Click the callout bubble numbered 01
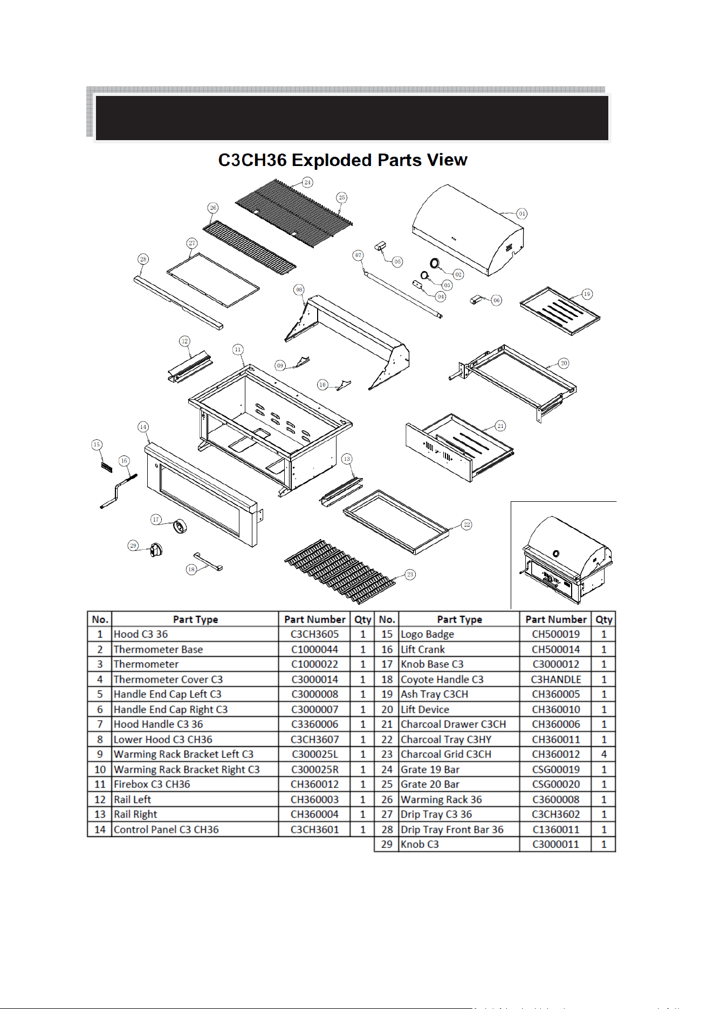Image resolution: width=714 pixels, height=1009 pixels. pos(521,213)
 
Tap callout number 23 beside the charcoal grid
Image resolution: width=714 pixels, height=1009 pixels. pos(410,575)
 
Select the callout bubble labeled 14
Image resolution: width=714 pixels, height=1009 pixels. pos(143,427)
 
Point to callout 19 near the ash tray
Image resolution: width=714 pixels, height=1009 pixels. pos(587,294)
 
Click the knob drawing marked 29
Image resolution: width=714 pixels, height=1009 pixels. pos(156,550)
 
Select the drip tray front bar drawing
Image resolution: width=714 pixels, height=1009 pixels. pos(178,302)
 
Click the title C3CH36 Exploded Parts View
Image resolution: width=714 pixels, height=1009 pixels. pos(342,160)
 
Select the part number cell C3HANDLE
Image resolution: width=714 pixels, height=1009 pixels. pos(555,679)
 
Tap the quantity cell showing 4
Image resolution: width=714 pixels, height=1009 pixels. pos(604,754)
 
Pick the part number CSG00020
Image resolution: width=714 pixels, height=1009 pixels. pos(555,784)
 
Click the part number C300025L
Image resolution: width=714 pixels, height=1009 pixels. pos(315,754)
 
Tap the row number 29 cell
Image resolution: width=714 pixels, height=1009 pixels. pos(387,844)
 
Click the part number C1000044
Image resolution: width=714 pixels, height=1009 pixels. pos(315,649)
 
